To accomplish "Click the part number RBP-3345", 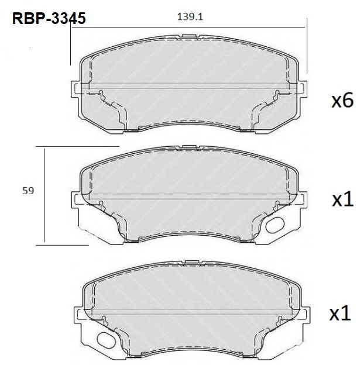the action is [x=49, y=18].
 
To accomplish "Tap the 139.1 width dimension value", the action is [x=190, y=17].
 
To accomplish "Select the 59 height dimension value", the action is [x=28, y=191].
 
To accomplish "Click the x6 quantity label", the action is [x=342, y=101].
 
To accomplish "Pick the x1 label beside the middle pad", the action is [x=342, y=200].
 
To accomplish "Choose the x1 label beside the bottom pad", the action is [x=340, y=314].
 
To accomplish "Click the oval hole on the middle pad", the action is [x=275, y=225].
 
